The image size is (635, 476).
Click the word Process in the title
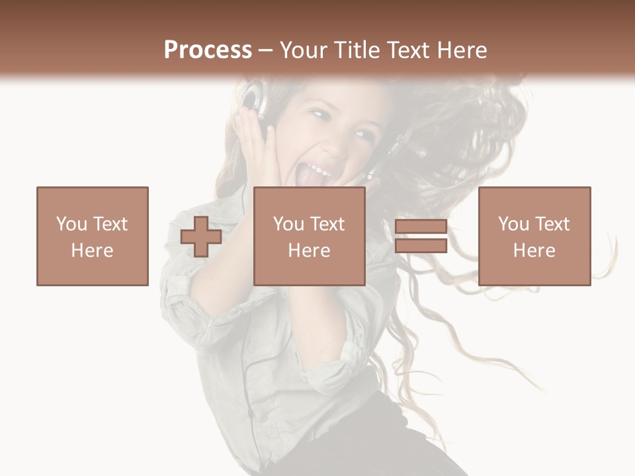208,50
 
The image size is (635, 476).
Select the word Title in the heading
356,50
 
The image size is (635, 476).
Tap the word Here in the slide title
462,50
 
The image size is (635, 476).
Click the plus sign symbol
201,237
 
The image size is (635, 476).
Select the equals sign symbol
421,237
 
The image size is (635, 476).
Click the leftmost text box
93,236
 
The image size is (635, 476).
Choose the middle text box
310,236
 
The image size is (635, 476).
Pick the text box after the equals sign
534,236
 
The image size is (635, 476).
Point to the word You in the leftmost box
70,224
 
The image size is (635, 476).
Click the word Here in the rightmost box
534,251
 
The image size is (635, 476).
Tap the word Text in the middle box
325,224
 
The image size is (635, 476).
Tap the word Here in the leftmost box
93,251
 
